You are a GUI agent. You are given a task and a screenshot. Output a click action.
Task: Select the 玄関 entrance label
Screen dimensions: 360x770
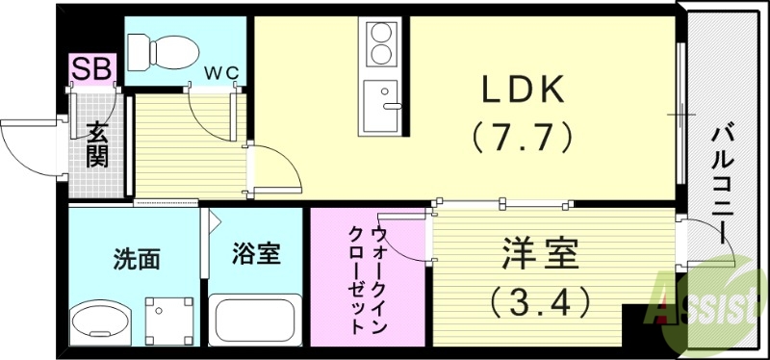(97, 143)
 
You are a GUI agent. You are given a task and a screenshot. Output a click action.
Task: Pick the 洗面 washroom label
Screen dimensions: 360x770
(136, 258)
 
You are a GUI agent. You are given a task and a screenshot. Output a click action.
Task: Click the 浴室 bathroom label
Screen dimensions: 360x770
(257, 254)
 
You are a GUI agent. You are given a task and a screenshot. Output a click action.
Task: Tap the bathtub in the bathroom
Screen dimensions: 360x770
(257, 318)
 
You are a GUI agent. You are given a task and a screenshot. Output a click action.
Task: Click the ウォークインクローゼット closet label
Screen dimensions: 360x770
(369, 280)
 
